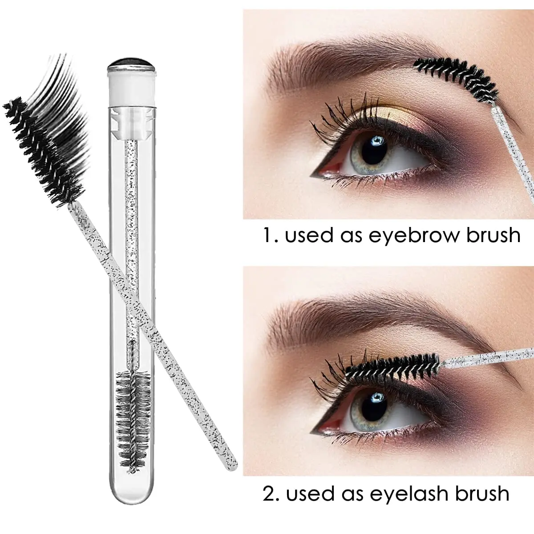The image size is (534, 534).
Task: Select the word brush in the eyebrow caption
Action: click(x=493, y=235)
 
